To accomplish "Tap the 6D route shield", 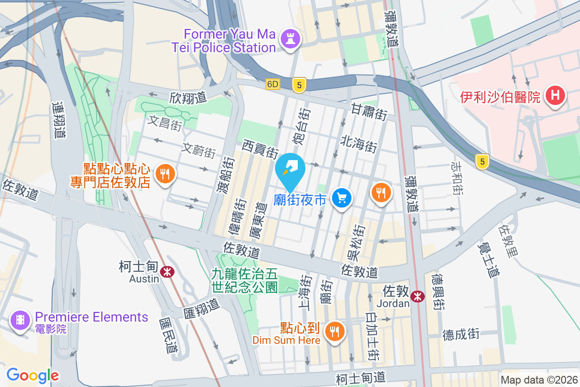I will coord(273,84).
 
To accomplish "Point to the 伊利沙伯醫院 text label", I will coord(500,97).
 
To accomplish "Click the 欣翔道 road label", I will coord(188,97).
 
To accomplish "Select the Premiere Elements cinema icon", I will coord(20,320).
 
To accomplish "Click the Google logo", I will coord(33,375).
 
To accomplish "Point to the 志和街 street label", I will coord(456,179).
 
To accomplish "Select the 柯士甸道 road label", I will coord(361,377).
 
